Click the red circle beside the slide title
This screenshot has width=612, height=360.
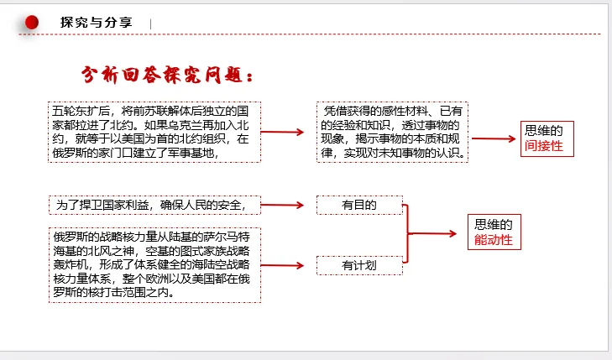32,23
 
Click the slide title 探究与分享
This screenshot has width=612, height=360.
96,23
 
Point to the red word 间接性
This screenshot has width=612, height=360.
543,146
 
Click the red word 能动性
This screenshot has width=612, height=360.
493,241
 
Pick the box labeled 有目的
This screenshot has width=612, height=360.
359,205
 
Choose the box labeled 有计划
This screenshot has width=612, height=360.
359,265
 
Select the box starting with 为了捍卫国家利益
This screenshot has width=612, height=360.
154,205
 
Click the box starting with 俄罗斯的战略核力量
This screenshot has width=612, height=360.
154,263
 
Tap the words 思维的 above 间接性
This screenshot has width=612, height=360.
543,130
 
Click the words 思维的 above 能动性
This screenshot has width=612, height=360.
493,224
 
